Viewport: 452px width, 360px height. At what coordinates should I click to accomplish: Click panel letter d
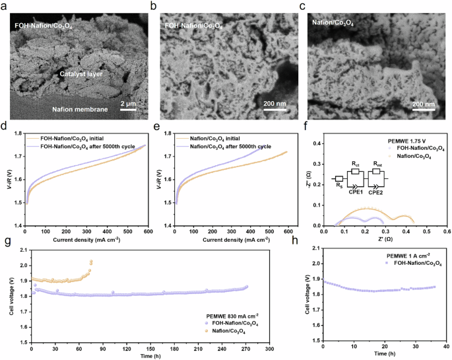(5, 122)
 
